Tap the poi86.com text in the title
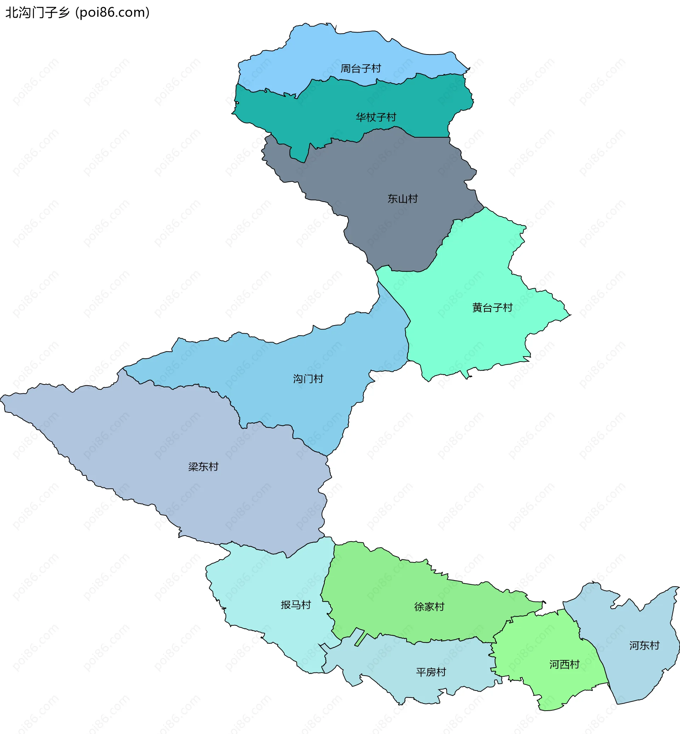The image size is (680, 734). click(113, 13)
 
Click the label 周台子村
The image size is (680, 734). click(361, 69)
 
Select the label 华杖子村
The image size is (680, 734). click(376, 117)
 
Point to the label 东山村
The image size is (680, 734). click(403, 199)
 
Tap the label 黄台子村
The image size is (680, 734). click(492, 308)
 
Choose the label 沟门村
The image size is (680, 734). click(308, 378)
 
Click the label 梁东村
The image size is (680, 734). click(203, 467)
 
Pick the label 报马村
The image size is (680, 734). click(296, 605)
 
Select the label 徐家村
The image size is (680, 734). click(429, 606)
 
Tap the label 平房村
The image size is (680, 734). click(431, 672)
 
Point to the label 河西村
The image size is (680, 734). click(564, 664)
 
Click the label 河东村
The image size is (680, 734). click(644, 646)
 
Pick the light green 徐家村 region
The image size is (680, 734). click(386, 588)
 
